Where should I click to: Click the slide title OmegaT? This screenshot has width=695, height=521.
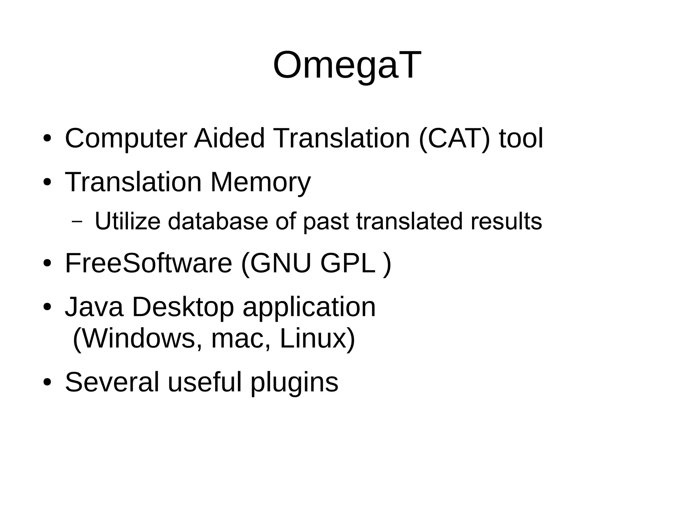coord(347,65)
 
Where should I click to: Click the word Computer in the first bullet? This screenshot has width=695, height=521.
coord(126,138)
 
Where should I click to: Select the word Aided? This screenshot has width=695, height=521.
coord(229,138)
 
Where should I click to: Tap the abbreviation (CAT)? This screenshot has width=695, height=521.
coord(454,138)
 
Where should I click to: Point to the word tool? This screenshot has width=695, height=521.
coord(521,138)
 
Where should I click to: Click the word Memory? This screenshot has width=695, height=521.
coord(260,182)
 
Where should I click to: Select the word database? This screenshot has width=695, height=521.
coord(218,221)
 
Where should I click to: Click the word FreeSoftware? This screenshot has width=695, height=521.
coord(148,263)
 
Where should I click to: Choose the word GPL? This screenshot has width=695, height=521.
coord(348,263)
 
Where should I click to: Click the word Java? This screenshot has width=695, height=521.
coord(94,307)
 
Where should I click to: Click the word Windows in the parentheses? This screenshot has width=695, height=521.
coord(138,338)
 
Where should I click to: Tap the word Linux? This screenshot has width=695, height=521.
coord(312,338)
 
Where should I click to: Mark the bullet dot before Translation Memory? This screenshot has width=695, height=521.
coord(47,183)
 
